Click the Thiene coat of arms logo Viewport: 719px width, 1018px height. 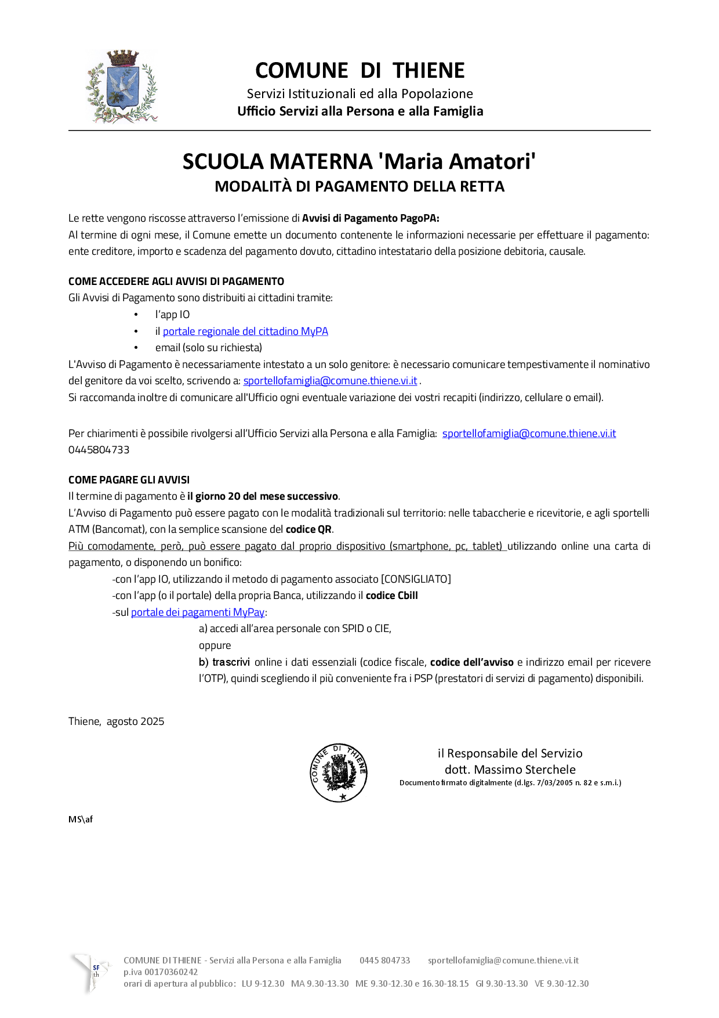click(122, 87)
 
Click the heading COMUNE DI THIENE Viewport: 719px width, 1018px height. click(359, 71)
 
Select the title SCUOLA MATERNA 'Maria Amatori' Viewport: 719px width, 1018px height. click(359, 161)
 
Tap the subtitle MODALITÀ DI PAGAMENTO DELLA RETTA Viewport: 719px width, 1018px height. click(359, 186)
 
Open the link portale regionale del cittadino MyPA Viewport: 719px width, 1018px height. click(245, 331)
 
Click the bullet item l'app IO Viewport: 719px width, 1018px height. click(172, 315)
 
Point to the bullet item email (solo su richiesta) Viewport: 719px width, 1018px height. click(209, 348)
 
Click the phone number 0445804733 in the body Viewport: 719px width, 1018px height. click(99, 450)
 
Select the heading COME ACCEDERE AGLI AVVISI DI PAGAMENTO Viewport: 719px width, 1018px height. click(176, 281)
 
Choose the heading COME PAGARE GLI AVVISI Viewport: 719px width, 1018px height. click(129, 480)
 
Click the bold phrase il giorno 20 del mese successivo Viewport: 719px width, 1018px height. click(263, 496)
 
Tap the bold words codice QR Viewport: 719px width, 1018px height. click(308, 529)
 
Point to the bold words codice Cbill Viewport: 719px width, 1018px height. click(391, 595)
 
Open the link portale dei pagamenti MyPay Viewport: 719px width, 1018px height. click(198, 612)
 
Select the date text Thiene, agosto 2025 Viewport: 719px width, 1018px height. click(116, 721)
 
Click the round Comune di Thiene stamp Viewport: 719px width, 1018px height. click(339, 773)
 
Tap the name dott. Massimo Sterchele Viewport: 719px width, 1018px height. click(510, 770)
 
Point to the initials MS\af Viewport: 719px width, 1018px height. click(81, 820)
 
